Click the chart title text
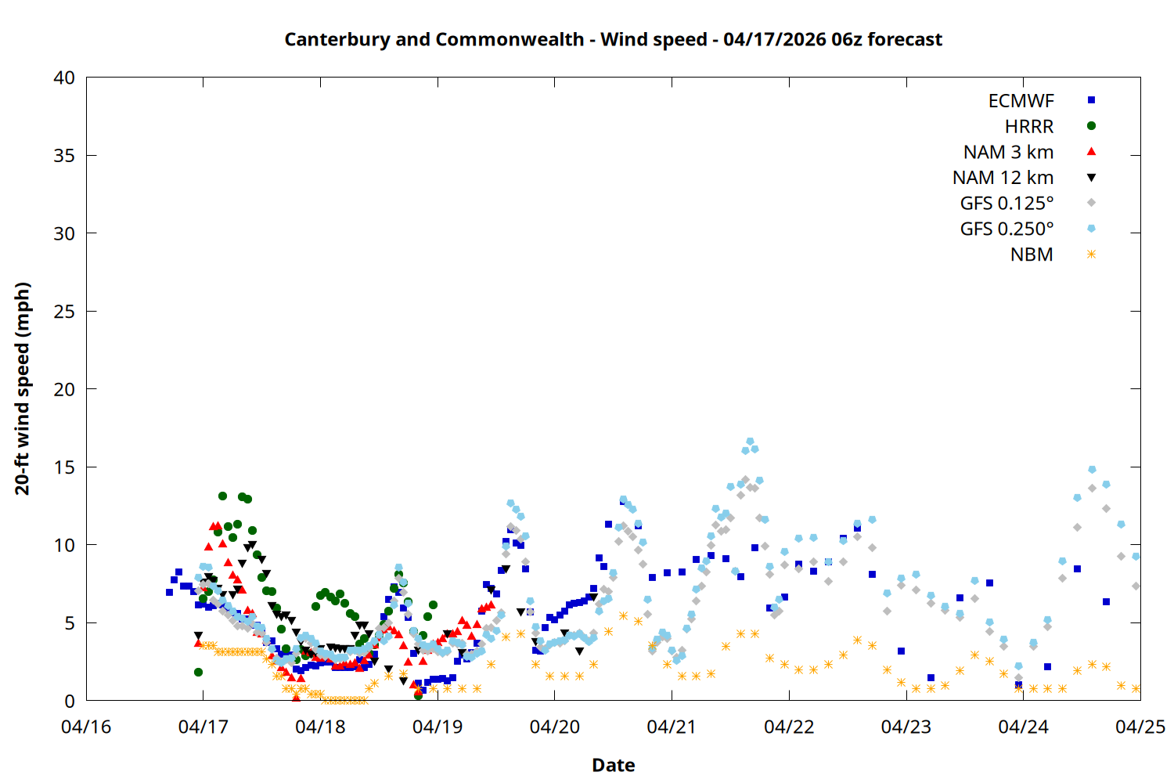point(613,39)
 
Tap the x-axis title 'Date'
point(613,765)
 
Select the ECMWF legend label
point(1021,101)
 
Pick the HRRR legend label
point(1029,127)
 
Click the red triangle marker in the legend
point(1091,152)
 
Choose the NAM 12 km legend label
point(1003,178)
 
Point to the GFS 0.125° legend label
point(1007,204)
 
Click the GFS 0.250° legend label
point(1007,229)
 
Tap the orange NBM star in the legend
point(1091,254)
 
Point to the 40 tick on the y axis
point(65,78)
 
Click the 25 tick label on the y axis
point(65,312)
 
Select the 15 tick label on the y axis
point(65,467)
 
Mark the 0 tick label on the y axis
point(70,701)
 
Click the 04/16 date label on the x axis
point(86,727)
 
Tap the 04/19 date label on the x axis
point(438,727)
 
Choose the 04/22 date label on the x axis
point(789,727)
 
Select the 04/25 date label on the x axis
point(1140,727)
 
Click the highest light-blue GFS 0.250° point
point(750,442)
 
